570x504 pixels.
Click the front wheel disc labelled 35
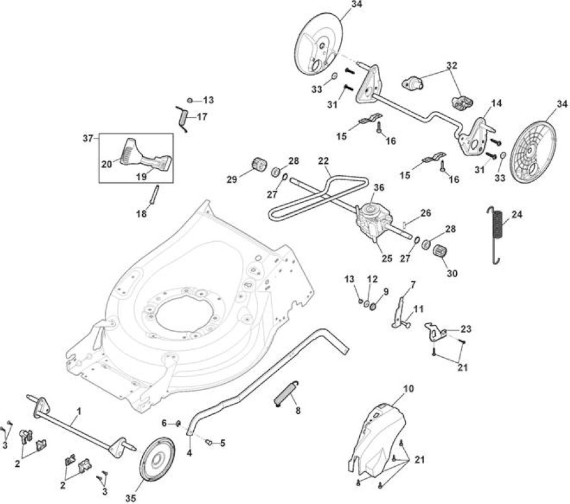coord(157,459)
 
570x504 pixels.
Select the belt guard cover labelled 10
coord(376,440)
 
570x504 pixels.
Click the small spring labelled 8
coord(286,392)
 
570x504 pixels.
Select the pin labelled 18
coord(154,195)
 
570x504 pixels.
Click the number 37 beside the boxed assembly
coord(87,138)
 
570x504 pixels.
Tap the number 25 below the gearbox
coord(387,258)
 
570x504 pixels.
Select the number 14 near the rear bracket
coord(496,103)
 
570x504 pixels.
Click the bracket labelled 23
coord(435,332)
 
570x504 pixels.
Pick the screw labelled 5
coord(210,442)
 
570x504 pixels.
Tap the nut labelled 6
coord(178,423)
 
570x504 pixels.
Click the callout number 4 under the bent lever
coord(189,453)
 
